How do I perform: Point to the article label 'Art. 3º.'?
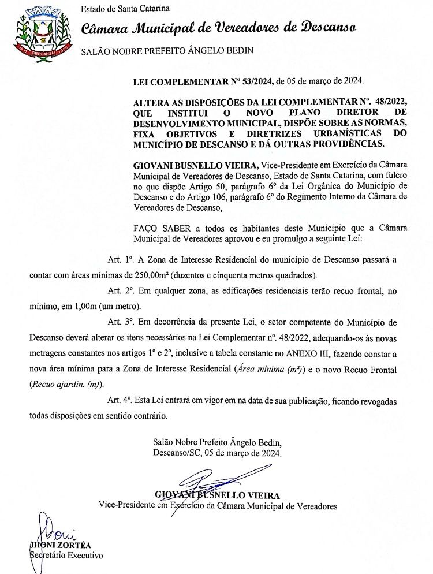(x=121, y=320)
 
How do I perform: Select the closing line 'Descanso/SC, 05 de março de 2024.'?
(x=218, y=453)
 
